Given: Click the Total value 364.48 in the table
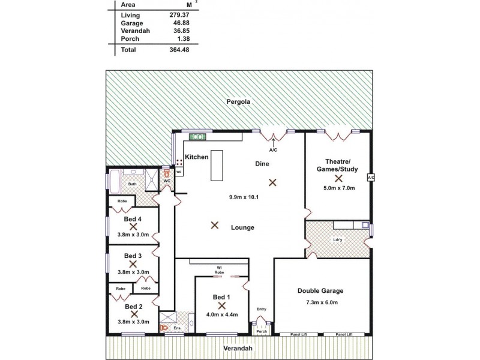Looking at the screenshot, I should tap(159, 49).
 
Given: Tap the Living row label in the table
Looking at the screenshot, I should tap(130, 14).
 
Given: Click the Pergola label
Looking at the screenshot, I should tap(238, 102).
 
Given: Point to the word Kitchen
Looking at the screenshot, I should tap(196, 157).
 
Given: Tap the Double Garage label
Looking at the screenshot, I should tap(320, 291).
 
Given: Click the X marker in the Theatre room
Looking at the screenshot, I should tap(338, 178).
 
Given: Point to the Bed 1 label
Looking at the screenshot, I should tap(221, 297).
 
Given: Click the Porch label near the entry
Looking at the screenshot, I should tap(262, 331).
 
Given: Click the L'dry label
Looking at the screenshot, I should tap(337, 241).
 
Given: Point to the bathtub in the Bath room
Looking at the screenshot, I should tap(114, 179).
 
